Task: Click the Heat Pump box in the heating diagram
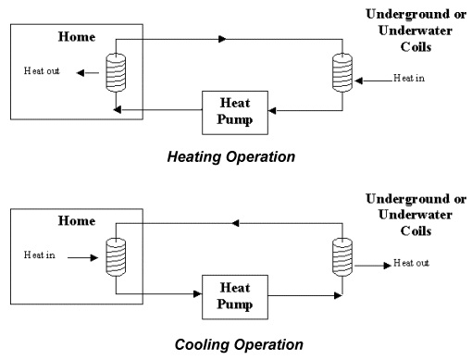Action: coord(236,110)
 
